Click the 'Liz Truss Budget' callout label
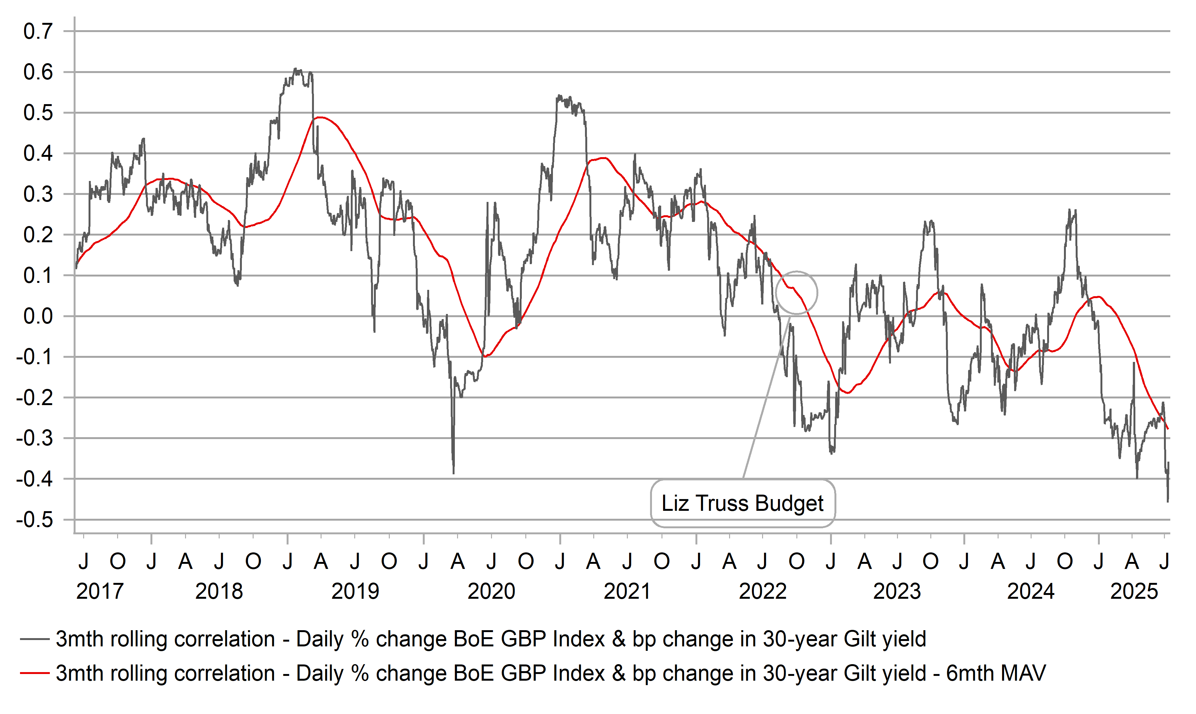tap(742, 503)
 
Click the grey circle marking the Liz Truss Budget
tap(796, 292)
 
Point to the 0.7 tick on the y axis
tap(38, 31)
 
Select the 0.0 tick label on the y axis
tap(38, 316)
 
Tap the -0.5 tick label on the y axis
tap(35, 520)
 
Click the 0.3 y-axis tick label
tap(38, 194)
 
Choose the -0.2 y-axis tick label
tap(35, 398)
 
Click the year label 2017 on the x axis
tap(100, 591)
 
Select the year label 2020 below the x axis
tap(491, 591)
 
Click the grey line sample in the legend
tap(35, 639)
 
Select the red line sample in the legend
tap(35, 673)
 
